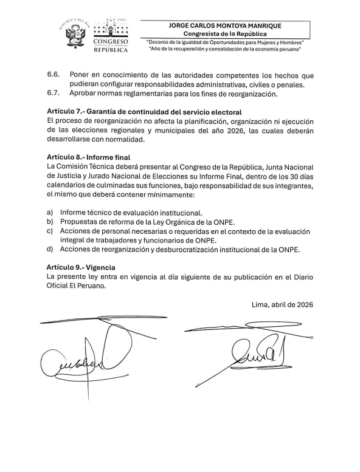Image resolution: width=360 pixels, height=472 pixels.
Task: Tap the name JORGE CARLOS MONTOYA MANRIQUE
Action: (x=226, y=26)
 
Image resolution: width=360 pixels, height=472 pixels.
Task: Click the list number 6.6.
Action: (x=53, y=75)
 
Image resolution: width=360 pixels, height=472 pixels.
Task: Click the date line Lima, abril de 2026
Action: (x=282, y=305)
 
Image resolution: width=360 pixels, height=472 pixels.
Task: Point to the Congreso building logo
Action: (x=111, y=29)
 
